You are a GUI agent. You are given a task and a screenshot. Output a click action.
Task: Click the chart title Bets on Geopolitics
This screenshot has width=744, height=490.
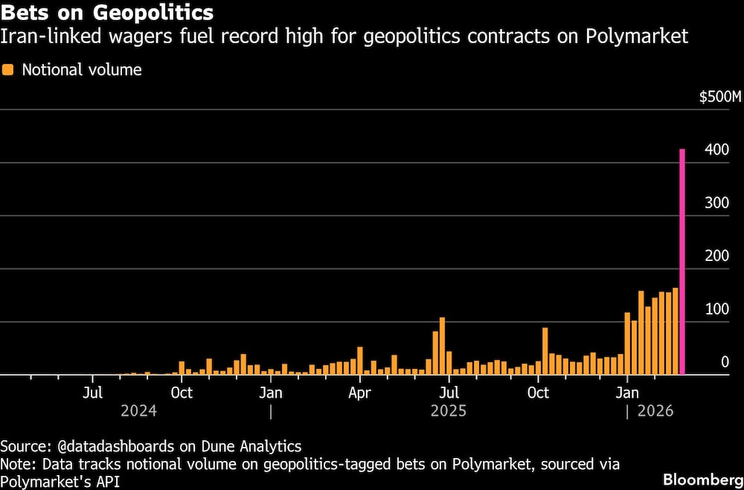coord(107,12)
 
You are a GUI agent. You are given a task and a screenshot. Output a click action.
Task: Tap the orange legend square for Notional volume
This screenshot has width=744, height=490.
coord(8,70)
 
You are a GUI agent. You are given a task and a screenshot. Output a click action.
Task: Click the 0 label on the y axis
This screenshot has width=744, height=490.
coord(725,362)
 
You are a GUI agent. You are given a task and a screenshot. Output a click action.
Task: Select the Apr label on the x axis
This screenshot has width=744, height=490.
coord(359,393)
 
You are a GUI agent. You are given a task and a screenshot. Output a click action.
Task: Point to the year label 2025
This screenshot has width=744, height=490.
coord(449,410)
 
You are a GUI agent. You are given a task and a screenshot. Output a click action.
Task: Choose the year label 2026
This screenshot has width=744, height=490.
coord(655,410)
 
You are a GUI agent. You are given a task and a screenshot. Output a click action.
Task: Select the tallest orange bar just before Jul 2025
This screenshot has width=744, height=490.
coord(442,346)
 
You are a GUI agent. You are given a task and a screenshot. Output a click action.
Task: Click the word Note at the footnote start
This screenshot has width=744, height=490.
coord(16,464)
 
